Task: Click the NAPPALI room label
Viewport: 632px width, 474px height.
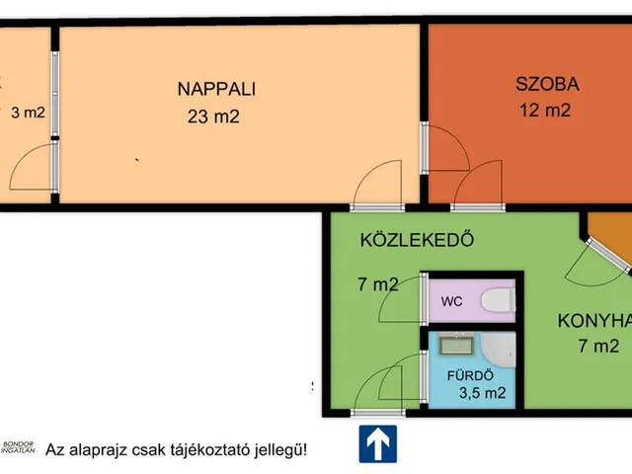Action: pos(216,89)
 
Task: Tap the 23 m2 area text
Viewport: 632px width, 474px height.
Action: pos(213,117)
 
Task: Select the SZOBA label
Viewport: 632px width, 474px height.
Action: pos(546,84)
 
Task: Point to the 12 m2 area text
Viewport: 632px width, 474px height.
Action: pos(545,111)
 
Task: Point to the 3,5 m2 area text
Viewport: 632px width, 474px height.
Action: pos(482,393)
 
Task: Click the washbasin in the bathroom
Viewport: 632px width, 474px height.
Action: pos(454,345)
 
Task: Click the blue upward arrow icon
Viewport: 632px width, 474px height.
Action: pos(377,444)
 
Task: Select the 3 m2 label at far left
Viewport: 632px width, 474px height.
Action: pos(28,113)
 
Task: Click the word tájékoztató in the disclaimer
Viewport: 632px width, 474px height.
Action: pos(197,449)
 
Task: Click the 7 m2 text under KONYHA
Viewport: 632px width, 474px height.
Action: pos(598,347)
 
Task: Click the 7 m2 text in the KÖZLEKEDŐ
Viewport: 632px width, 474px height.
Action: pos(377,285)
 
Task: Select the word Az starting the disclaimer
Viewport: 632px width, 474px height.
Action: pos(56,449)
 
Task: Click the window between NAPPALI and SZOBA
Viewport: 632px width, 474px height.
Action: pos(424,148)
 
